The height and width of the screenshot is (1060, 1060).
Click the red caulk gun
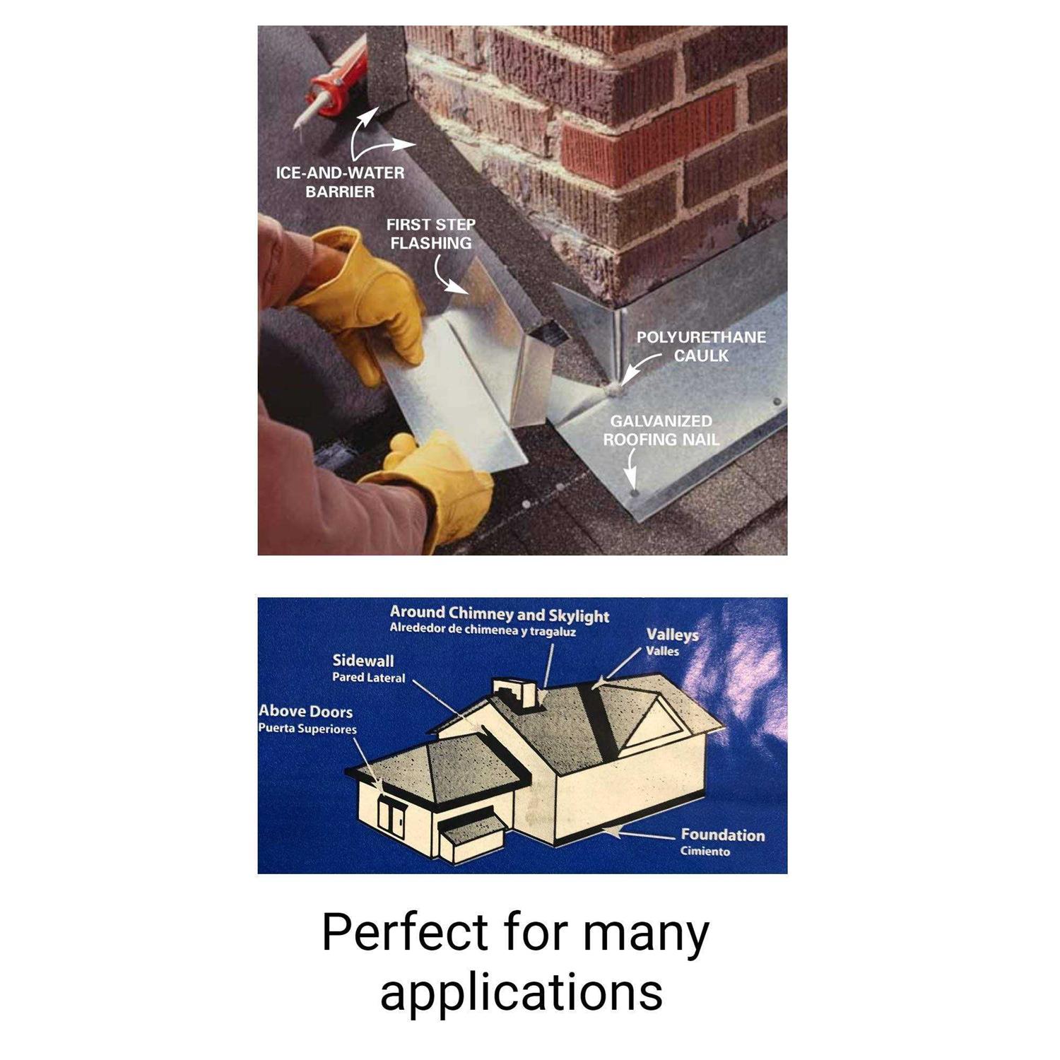(x=332, y=88)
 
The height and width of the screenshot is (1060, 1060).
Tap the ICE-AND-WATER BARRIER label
(x=340, y=182)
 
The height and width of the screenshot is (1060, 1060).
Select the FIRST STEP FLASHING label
(x=430, y=234)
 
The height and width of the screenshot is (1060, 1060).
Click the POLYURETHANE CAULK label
(x=701, y=346)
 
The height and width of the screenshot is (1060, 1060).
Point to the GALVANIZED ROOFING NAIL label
(x=661, y=430)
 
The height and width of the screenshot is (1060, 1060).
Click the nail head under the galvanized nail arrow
(x=633, y=491)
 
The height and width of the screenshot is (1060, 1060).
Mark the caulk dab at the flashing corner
(x=615, y=387)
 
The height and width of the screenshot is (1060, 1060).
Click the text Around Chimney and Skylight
(x=499, y=614)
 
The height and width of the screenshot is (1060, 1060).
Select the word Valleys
(x=672, y=635)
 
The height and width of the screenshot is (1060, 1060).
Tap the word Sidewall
(x=363, y=661)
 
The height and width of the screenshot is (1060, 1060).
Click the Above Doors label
(x=305, y=712)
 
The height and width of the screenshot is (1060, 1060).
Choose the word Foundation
(x=722, y=835)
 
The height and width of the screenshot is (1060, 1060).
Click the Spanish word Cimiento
(x=705, y=852)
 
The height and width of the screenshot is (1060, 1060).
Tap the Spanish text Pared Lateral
(x=368, y=678)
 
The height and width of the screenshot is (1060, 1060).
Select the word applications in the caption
(x=522, y=993)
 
